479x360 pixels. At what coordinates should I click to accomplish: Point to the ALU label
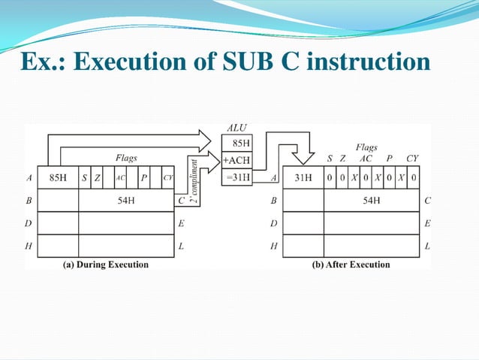coord(236,128)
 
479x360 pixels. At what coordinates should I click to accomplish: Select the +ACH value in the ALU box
coord(236,159)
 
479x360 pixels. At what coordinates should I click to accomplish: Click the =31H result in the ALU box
coord(238,176)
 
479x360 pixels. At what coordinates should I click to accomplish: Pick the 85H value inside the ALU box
coord(238,143)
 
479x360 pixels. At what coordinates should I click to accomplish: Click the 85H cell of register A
coord(59,178)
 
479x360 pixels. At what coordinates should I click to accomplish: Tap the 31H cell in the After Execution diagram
coord(303,178)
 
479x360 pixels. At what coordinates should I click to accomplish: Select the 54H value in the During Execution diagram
coord(126,201)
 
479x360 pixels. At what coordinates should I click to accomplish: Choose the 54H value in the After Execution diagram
coord(372,201)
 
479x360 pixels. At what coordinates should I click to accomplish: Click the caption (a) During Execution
coord(106,265)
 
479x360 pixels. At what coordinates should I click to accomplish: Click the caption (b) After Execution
coord(351,265)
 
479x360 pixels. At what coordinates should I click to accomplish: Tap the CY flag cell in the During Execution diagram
coord(167,178)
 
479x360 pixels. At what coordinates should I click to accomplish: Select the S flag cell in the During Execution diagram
coord(84,178)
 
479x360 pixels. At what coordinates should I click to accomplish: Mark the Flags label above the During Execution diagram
coord(126,158)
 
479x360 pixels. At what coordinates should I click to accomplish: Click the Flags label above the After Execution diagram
coord(366,147)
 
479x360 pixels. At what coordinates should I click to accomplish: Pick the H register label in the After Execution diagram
coord(274,246)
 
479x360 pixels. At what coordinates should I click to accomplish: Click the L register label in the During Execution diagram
coord(182,246)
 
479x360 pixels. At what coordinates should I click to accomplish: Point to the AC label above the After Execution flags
coord(366,159)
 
